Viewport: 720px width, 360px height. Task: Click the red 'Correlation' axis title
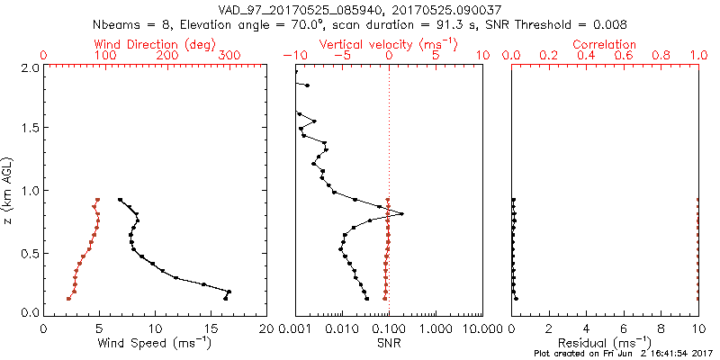tap(605, 44)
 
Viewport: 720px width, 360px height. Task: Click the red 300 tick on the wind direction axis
tap(230, 56)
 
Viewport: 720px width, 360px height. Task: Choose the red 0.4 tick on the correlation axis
tap(586, 56)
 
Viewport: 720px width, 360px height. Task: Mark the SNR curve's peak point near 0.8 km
tap(401, 213)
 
